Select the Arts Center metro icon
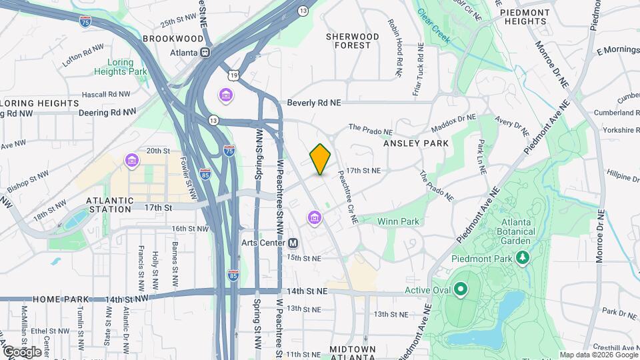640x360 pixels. click(x=293, y=243)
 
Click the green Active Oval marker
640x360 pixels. click(x=460, y=290)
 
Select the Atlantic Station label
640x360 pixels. click(x=109, y=204)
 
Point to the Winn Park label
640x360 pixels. click(x=398, y=221)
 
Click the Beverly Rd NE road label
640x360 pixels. click(x=314, y=103)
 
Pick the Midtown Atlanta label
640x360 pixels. click(x=353, y=354)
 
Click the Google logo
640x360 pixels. click(x=22, y=351)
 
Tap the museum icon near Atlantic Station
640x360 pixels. click(x=131, y=161)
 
